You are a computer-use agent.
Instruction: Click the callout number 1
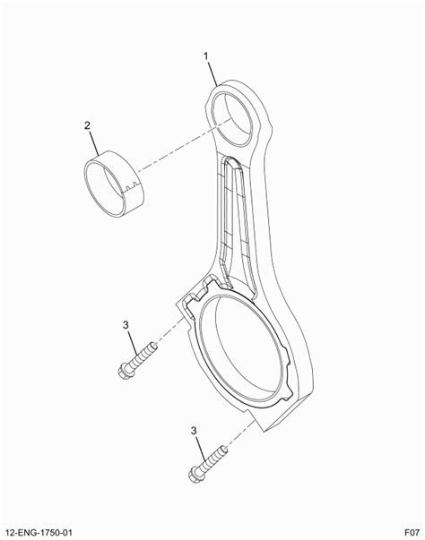206,56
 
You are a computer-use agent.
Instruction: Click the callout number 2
87,125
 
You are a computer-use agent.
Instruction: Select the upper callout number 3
126,325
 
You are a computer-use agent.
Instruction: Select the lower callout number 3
194,431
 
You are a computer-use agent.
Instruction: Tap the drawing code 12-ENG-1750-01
39,533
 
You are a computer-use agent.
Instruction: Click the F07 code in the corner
412,533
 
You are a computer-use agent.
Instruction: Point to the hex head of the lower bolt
195,476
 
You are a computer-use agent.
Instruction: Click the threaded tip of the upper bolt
153,345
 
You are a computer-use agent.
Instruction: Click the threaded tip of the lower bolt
223,449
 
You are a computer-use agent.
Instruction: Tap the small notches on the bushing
130,187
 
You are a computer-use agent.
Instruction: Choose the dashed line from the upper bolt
169,331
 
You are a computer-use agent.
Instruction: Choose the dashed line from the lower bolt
240,433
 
